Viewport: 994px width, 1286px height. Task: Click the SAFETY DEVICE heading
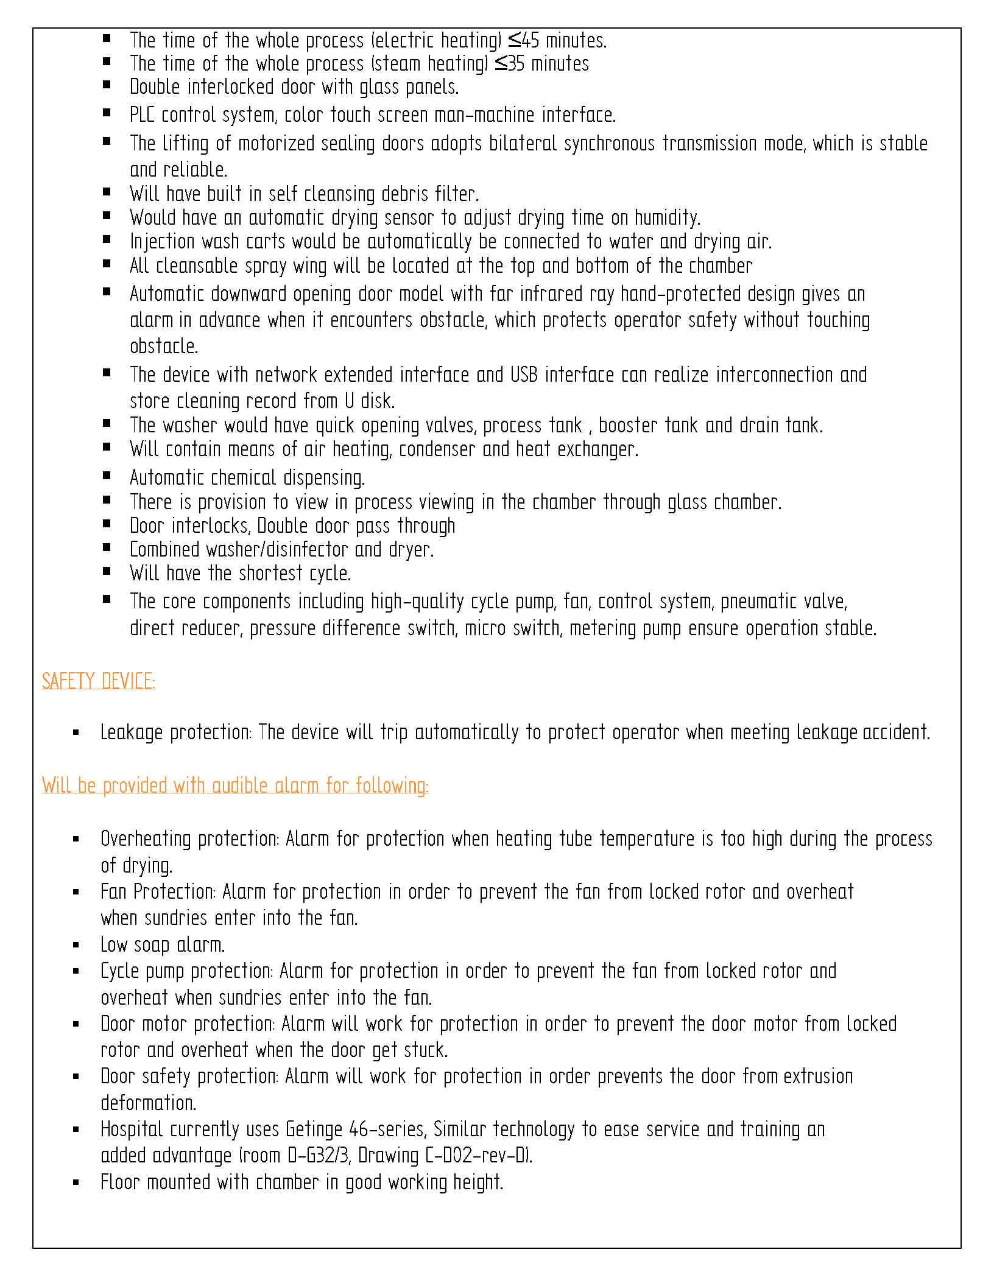98,681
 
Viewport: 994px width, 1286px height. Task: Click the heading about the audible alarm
235,785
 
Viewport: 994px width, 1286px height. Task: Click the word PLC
143,115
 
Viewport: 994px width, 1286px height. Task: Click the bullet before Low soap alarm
76,946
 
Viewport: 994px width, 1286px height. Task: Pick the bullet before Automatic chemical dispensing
107,476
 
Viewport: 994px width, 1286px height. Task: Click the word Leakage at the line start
132,733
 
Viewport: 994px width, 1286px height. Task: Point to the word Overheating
146,839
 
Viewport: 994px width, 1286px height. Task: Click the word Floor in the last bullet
120,1182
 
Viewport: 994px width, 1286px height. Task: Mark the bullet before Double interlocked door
107,86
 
